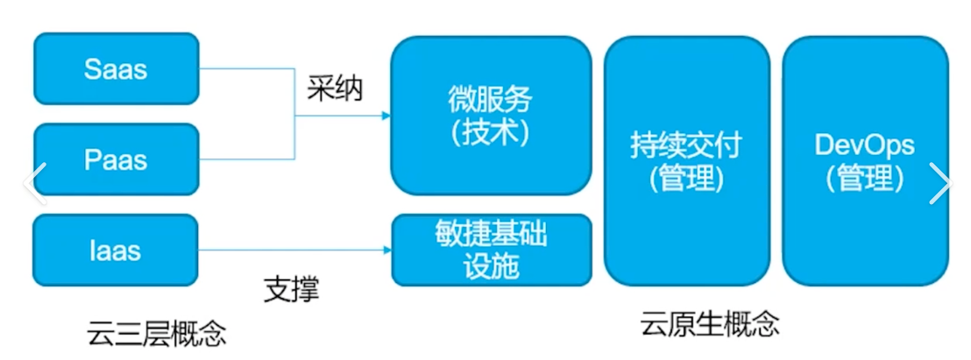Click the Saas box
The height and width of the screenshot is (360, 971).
116,69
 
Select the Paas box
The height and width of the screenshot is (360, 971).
116,159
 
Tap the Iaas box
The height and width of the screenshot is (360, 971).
116,251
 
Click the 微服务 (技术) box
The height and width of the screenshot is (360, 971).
490,116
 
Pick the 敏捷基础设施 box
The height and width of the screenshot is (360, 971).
491,250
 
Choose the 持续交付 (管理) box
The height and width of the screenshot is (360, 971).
686,161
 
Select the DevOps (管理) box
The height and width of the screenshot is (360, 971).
865,161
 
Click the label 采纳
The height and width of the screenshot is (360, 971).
335,88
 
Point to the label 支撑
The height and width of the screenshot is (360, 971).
292,289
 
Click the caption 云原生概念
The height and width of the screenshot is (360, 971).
710,325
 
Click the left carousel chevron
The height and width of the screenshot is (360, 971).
33,182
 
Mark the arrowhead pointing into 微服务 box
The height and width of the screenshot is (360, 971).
386,115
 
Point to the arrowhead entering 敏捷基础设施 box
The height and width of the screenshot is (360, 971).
386,251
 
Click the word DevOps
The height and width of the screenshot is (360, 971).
865,145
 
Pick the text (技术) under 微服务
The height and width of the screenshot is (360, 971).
490,132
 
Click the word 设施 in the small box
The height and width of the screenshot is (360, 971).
491,265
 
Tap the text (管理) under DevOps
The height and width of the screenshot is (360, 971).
865,179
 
